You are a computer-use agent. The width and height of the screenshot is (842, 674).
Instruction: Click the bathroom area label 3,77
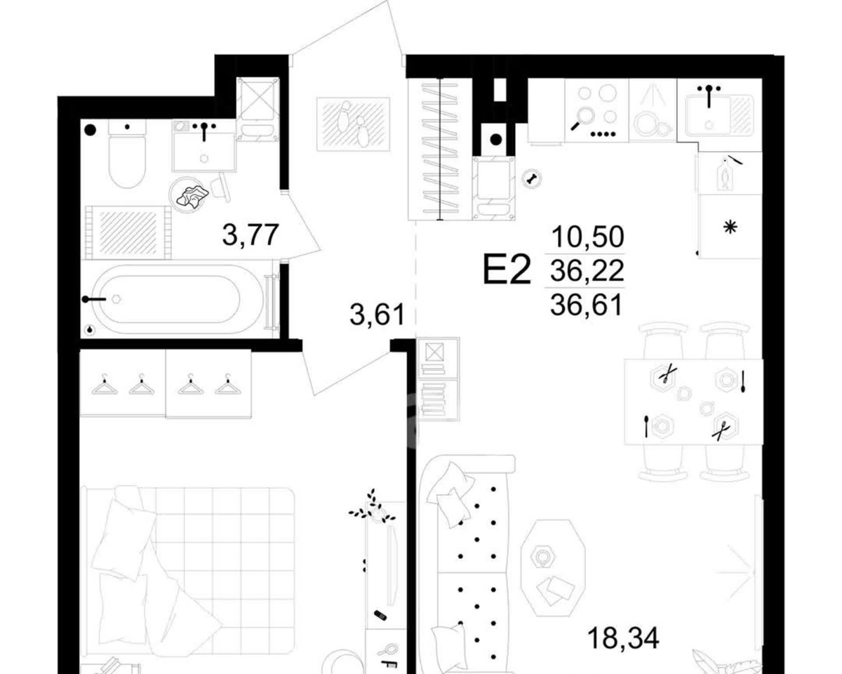point(250,234)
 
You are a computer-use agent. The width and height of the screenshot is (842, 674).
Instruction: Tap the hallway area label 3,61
point(377,315)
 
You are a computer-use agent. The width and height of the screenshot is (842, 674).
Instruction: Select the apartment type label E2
point(507,270)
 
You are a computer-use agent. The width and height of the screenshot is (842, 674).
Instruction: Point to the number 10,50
point(587,237)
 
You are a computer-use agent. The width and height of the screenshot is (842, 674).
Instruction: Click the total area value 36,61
point(586,305)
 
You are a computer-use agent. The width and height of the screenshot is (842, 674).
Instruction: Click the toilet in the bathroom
point(127,154)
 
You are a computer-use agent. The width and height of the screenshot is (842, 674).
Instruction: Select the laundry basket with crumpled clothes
point(189,194)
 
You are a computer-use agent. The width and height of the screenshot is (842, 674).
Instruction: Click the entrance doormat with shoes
point(353,124)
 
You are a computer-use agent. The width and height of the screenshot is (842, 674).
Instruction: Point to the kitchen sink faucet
point(709,96)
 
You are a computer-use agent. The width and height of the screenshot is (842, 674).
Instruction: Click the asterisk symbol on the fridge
point(730,227)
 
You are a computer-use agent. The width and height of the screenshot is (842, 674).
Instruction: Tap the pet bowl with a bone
point(532,178)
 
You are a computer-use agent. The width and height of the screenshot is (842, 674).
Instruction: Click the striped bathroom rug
point(128,232)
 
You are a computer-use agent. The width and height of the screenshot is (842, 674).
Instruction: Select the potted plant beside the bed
point(372,509)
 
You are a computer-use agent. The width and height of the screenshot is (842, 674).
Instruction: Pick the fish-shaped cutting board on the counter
point(725,174)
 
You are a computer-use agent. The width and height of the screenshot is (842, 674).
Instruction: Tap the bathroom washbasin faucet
point(204,131)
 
